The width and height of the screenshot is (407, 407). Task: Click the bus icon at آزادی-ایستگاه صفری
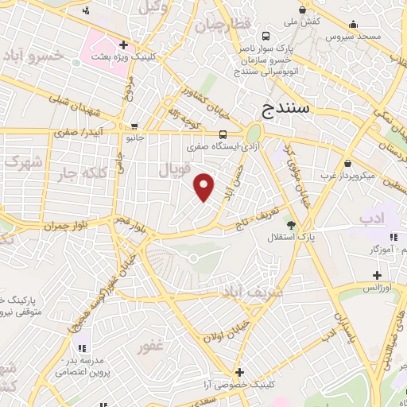coord(223,134)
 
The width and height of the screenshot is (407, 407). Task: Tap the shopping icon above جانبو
coord(134,126)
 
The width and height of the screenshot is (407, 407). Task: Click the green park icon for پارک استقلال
coord(291,225)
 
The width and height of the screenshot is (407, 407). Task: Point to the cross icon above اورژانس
coord(377,276)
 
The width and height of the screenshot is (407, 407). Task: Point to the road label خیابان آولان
coord(220,338)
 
